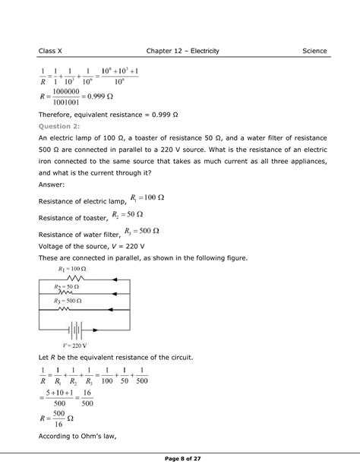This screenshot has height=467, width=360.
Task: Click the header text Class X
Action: pos(51,51)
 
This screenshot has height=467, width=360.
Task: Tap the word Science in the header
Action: pos(314,51)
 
